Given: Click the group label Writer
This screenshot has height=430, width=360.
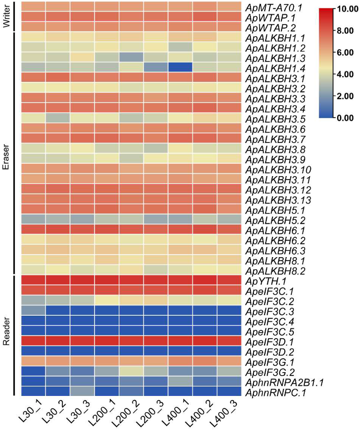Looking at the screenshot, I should pyautogui.click(x=6, y=17).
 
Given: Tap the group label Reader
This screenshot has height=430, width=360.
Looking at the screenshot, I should pyautogui.click(x=6, y=335).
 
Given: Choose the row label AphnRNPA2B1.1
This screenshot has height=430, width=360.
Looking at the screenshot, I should pyautogui.click(x=284, y=381).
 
